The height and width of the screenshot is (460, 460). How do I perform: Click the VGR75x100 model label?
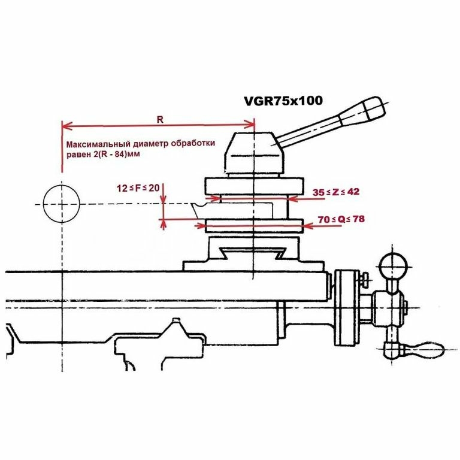click(283, 101)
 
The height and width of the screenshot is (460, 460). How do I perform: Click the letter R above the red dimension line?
click(160, 119)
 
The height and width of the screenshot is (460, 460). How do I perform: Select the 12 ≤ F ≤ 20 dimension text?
click(138, 187)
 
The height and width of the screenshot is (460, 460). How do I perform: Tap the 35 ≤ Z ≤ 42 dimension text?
click(336, 192)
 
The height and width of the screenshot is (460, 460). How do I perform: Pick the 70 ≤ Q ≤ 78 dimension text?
click(341, 220)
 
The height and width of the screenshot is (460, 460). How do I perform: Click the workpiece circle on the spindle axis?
click(62, 204)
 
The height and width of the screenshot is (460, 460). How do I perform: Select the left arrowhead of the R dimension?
click(66, 126)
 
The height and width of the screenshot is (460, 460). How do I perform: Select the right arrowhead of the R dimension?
click(251, 126)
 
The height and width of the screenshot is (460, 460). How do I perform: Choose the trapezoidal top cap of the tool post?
click(252, 153)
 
